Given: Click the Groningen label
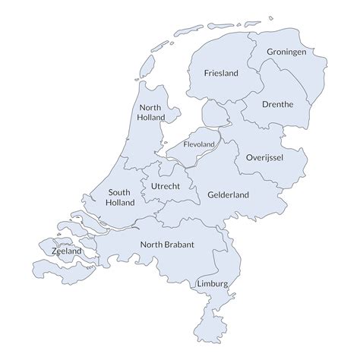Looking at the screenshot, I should pos(286,52).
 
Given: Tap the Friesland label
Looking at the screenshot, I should pos(221,74).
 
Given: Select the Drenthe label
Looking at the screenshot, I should pos(277,104).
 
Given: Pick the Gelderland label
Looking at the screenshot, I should pos(228,194).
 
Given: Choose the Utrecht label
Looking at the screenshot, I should pos(166,186).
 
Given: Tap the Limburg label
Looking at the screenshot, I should pos(211,283).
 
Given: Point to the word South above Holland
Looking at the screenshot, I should pos(122,192).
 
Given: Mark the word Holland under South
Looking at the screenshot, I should pos(122,203).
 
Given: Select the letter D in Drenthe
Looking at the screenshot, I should pos(263,104).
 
